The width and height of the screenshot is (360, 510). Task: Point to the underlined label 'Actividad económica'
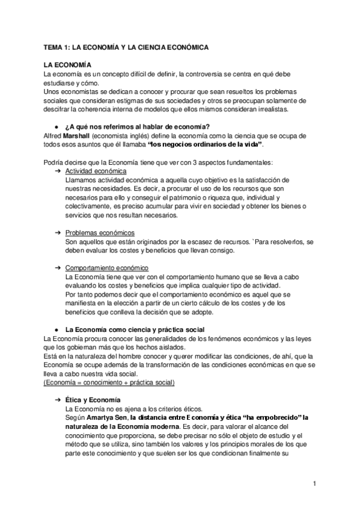point(92,171)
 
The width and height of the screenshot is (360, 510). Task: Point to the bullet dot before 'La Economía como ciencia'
point(56,330)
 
